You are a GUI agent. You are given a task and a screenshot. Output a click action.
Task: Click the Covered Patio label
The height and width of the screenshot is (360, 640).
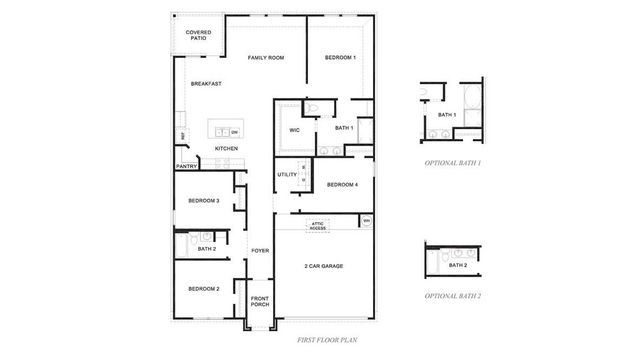click(x=197, y=36)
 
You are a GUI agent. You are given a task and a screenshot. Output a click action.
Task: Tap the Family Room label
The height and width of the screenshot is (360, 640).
click(x=266, y=58)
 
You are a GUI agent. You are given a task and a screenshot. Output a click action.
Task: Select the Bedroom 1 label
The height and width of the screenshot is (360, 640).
click(x=340, y=58)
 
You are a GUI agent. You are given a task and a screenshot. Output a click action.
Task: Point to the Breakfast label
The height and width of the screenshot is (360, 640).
click(x=206, y=84)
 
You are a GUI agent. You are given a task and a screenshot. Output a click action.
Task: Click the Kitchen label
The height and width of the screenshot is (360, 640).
click(x=226, y=149)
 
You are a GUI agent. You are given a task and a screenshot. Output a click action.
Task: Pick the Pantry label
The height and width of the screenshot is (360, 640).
click(x=186, y=166)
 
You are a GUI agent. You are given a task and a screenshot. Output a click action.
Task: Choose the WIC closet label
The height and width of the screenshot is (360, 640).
click(x=295, y=130)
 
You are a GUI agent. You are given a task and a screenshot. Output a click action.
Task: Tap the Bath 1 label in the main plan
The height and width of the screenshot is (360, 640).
click(x=345, y=128)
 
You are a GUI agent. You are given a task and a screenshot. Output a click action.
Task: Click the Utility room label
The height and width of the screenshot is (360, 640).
click(x=287, y=175)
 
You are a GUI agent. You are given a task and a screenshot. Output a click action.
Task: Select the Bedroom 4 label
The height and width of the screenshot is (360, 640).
click(x=343, y=184)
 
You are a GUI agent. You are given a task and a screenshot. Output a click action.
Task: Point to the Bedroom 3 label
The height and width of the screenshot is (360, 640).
click(x=204, y=201)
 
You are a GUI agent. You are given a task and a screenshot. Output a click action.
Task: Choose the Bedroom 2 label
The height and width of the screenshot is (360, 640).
click(x=204, y=289)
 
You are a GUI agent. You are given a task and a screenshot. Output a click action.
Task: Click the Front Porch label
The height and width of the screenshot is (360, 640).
click(x=260, y=301)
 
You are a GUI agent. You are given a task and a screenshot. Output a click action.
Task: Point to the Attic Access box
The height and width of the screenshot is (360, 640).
click(x=318, y=227)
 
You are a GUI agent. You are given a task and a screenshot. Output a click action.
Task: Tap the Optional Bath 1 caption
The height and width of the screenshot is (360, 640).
click(x=453, y=162)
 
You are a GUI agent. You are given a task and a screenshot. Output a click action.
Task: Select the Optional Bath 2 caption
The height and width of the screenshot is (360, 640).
click(x=453, y=296)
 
